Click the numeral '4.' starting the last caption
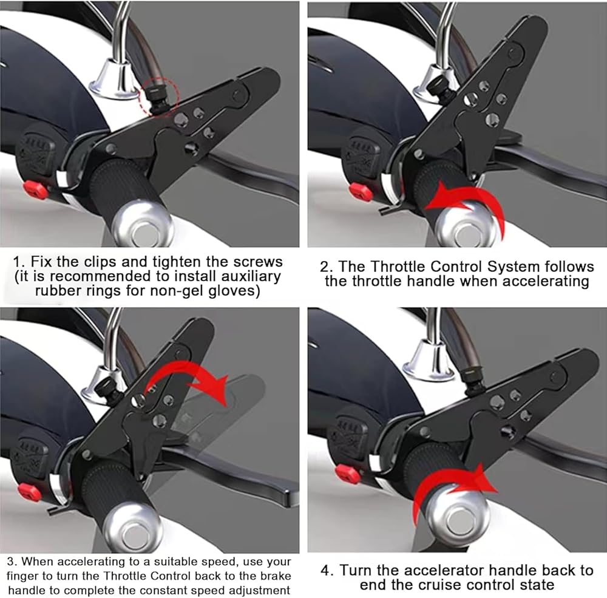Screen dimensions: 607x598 click(327, 571)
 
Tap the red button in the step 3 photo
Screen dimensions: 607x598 click(29, 492)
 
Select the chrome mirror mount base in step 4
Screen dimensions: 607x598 click(429, 362)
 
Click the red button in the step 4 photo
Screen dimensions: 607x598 click(347, 474)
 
